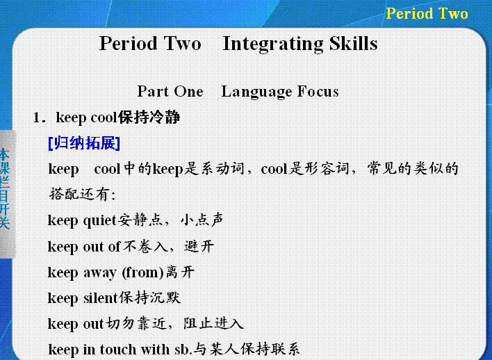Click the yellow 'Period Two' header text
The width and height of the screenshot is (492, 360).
[427, 13]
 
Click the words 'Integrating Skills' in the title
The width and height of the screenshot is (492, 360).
[300, 44]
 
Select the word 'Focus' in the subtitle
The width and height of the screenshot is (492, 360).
[318, 91]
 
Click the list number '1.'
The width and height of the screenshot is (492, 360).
[40, 117]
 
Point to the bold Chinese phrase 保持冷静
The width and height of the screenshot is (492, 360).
[149, 117]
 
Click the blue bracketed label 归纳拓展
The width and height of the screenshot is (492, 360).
[84, 143]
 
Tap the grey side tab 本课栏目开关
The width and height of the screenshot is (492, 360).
[6, 188]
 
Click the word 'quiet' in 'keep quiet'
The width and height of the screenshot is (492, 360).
[100, 220]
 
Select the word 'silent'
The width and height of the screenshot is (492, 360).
[100, 298]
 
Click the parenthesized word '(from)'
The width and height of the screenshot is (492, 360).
[142, 272]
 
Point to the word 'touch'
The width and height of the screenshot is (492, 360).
[118, 350]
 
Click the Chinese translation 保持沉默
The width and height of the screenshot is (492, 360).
[149, 297]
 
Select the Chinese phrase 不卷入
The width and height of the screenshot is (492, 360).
[145, 247]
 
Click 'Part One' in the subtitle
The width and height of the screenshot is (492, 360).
[170, 91]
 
